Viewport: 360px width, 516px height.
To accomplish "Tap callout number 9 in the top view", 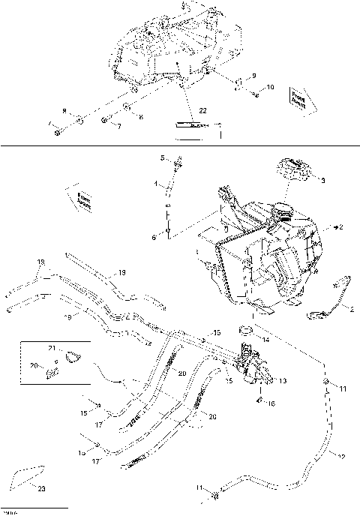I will pos(253,76).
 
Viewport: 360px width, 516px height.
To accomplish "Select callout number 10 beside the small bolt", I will pos(271,88).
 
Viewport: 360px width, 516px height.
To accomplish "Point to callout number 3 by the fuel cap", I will pos(323,181).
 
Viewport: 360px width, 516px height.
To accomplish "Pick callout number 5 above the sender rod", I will pos(161,157).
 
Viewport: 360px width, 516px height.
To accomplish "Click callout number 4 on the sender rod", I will pos(156,184).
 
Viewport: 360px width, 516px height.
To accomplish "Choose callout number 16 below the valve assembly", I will pos(272,403).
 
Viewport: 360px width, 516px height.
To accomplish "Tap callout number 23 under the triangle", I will pos(40,488).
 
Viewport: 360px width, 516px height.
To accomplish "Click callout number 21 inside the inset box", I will pos(53,349).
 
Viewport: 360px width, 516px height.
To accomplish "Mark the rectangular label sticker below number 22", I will pos(190,126).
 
